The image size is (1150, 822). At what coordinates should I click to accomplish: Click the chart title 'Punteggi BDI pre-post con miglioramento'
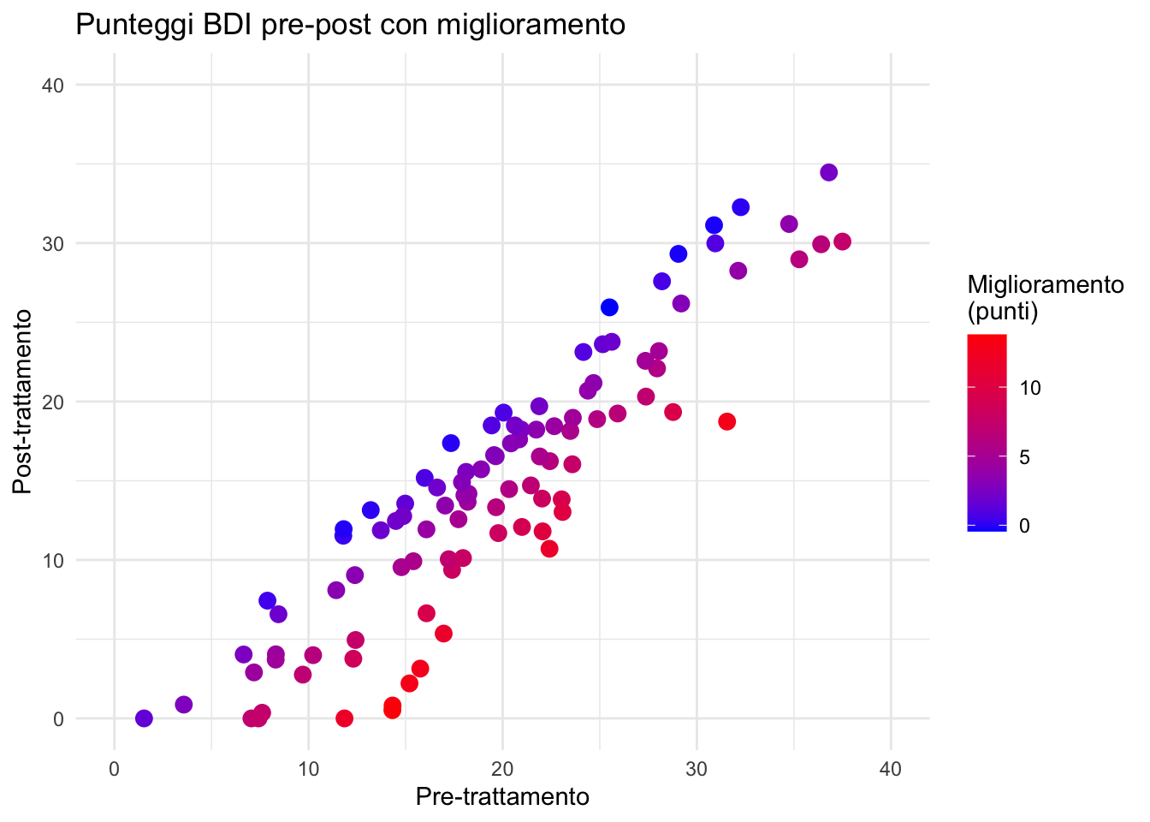pos(351,25)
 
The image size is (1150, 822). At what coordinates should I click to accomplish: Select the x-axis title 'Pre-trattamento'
pos(502,797)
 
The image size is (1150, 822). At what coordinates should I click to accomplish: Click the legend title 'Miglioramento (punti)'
pos(1045,298)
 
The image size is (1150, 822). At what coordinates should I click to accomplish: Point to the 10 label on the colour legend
pos(1030,389)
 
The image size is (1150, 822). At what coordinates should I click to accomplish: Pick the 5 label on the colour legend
pos(1024,458)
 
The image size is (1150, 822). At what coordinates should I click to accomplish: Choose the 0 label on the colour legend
pos(1024,525)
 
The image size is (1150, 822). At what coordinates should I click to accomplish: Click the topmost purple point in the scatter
pos(828,172)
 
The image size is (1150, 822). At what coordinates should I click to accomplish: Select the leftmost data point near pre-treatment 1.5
pos(144,718)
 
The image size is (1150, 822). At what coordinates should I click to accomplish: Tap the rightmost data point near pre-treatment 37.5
pos(842,241)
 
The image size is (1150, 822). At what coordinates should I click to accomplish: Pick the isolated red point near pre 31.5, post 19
pos(726,421)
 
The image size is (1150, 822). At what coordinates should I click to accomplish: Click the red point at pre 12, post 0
pos(344,718)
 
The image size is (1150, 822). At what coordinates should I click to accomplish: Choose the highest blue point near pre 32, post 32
pos(740,207)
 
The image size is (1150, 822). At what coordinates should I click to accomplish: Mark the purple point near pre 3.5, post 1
pos(183,705)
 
